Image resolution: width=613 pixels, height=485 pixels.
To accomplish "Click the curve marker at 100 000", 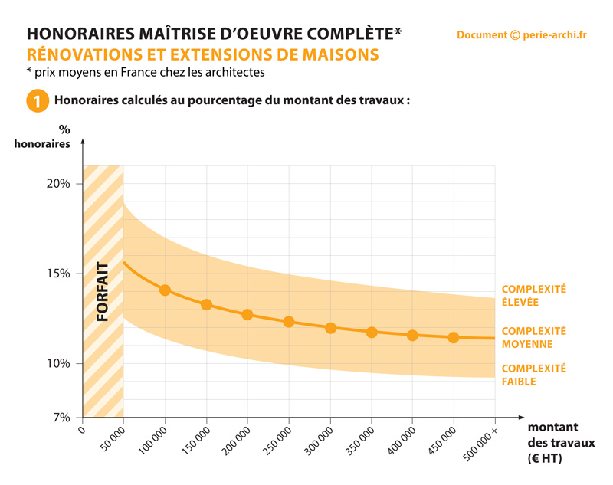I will click(x=165, y=290).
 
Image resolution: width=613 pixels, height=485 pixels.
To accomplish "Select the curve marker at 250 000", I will click(x=289, y=322).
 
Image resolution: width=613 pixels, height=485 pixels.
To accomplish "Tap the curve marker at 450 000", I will click(x=454, y=338).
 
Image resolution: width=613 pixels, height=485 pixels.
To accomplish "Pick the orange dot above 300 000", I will click(x=330, y=328).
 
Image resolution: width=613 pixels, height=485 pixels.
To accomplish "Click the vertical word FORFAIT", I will click(x=103, y=291).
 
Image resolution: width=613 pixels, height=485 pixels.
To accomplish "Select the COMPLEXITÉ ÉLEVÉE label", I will click(x=533, y=296).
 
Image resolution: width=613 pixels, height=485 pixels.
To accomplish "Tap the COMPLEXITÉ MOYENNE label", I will click(x=533, y=337).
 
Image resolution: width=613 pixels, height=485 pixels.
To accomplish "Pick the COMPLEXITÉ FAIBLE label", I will click(x=533, y=375).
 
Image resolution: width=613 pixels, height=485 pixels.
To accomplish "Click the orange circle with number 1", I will click(x=36, y=101).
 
